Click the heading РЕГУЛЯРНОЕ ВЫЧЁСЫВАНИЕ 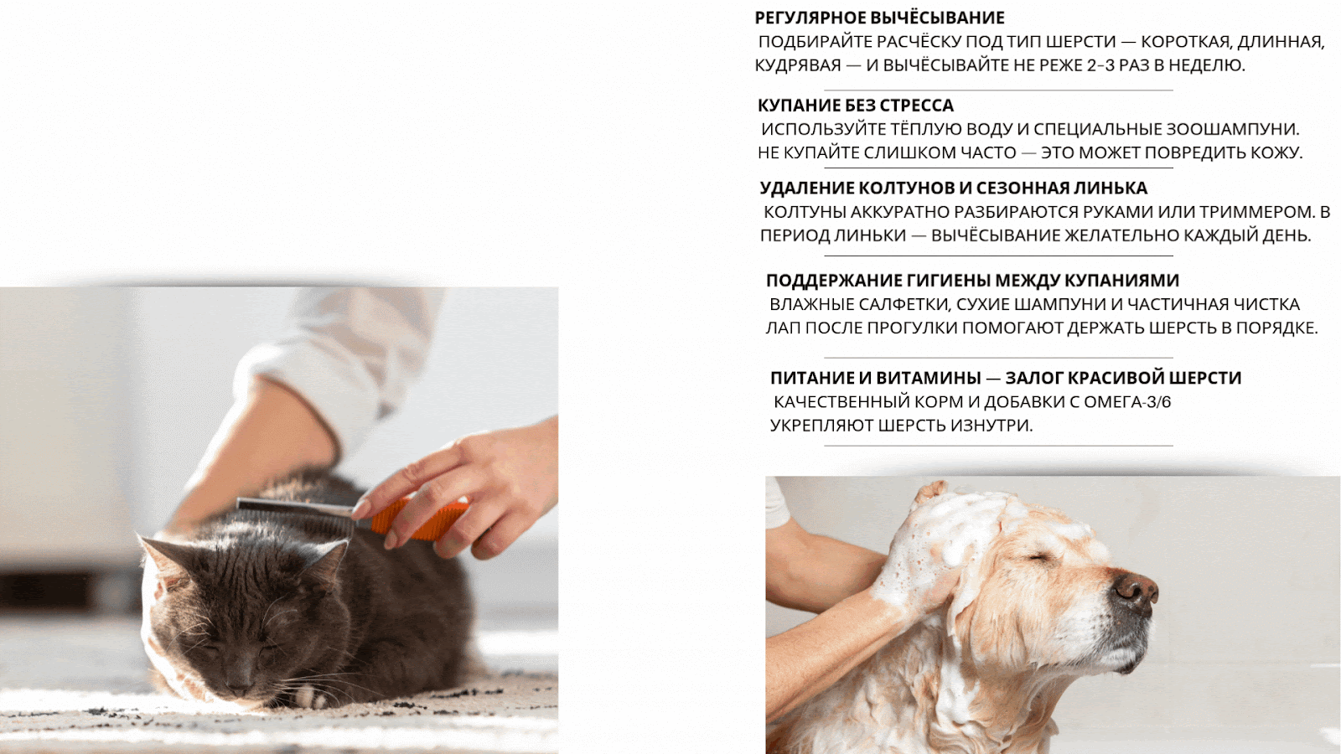coord(879,18)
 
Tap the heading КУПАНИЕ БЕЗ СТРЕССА coord(856,106)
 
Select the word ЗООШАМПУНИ coord(1232,129)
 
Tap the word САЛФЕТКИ coord(904,305)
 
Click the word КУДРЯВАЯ coord(798,65)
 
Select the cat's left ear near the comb coord(326,560)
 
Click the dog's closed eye coord(1040,560)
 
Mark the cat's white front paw coord(309,696)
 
